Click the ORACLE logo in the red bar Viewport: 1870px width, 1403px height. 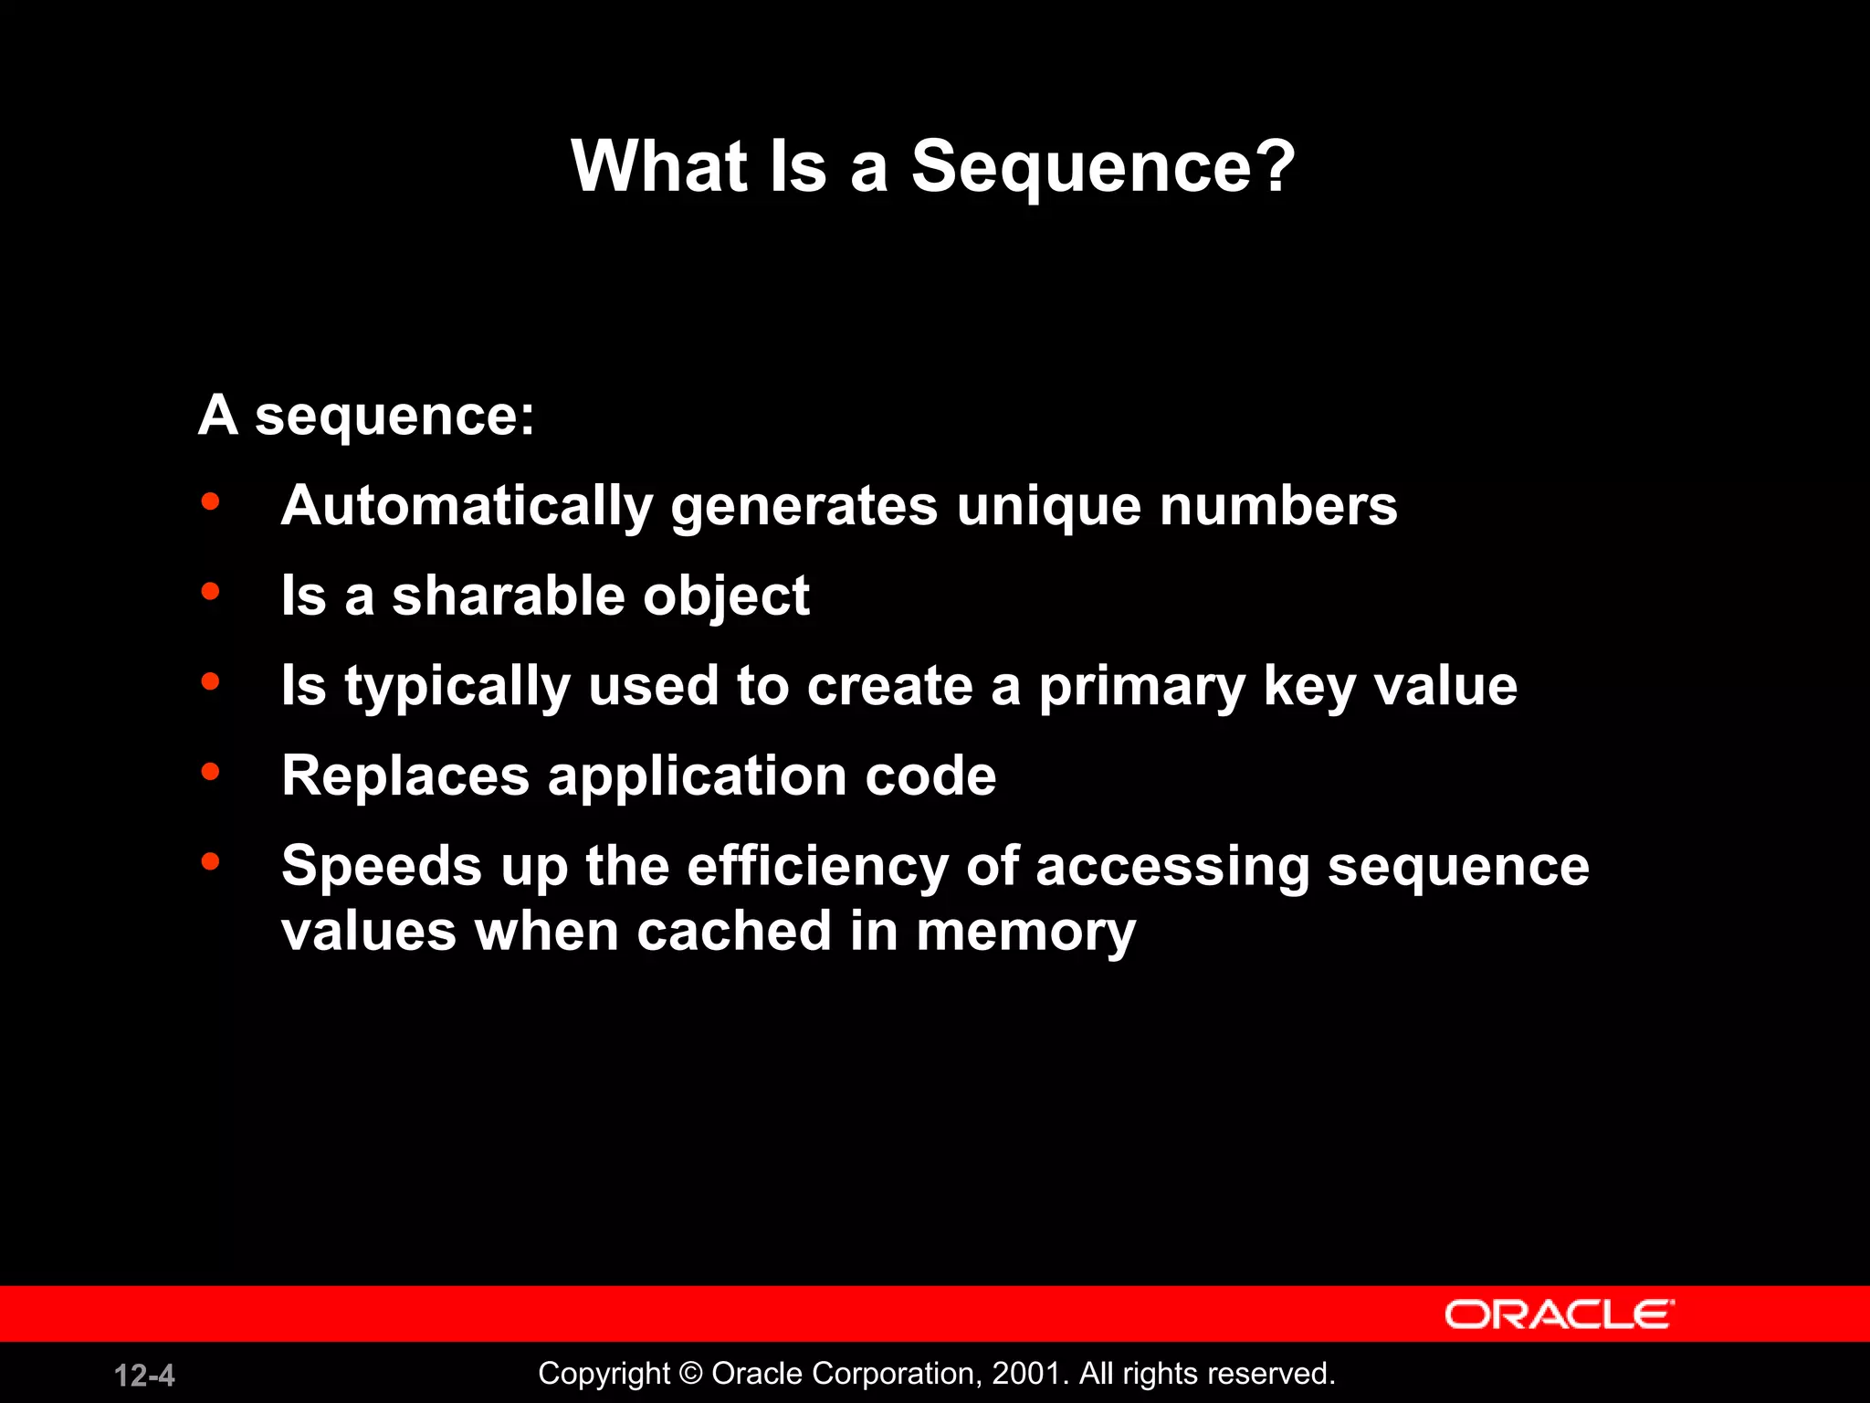tap(1559, 1314)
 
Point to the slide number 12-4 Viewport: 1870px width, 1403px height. tap(144, 1375)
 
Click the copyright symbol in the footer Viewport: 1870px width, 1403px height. tap(691, 1373)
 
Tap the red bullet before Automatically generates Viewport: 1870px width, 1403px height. tap(211, 501)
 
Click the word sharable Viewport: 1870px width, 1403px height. tap(509, 596)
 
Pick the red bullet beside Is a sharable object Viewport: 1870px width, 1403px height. tap(211, 591)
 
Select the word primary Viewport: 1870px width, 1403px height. tap(1142, 687)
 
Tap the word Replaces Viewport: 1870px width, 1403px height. tap(405, 775)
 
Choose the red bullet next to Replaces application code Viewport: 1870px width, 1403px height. tap(211, 772)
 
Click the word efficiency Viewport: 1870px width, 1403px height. tap(817, 866)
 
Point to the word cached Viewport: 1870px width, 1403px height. tap(734, 932)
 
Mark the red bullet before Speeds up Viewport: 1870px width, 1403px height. tap(211, 860)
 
